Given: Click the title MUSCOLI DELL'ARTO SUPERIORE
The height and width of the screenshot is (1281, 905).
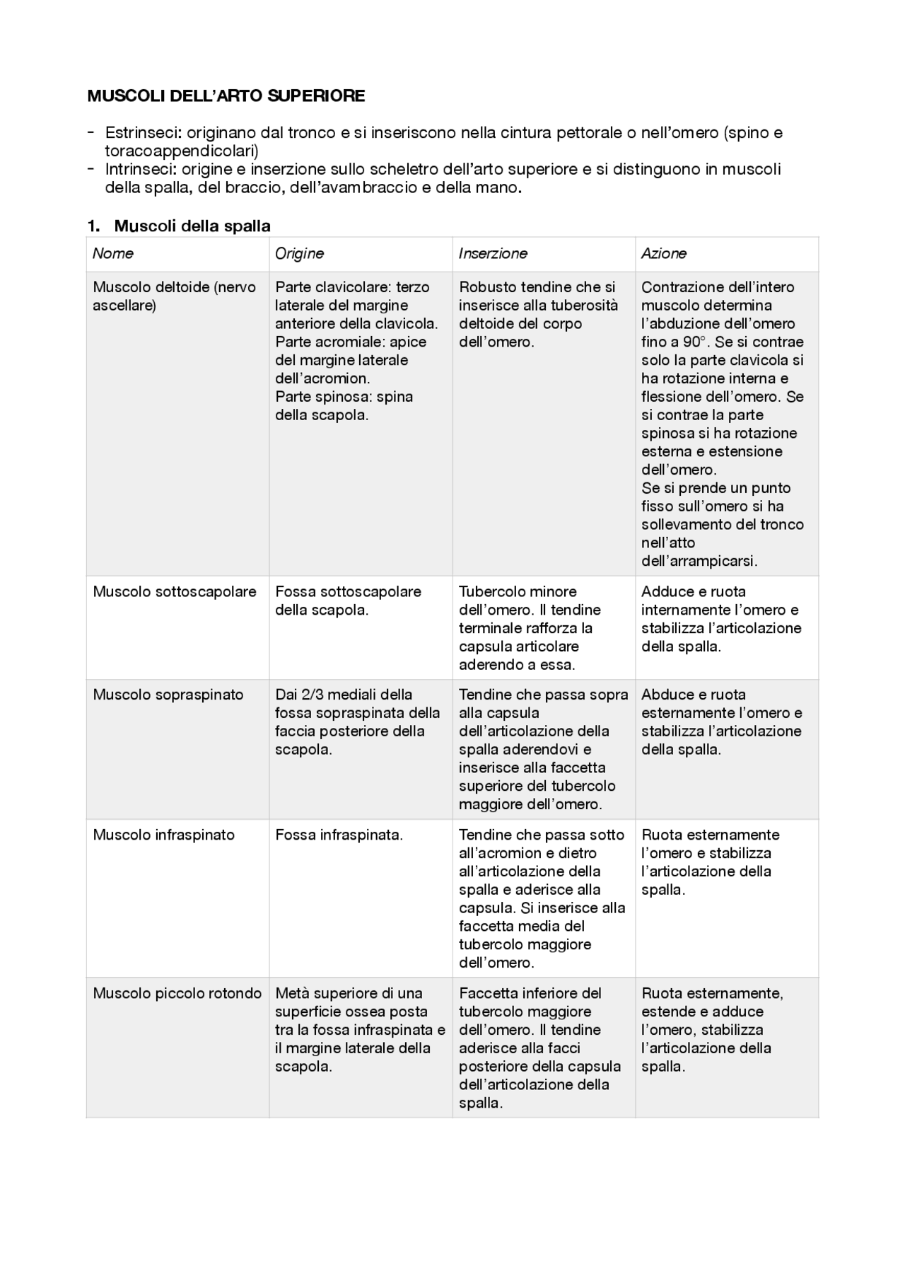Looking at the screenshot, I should pyautogui.click(x=226, y=96).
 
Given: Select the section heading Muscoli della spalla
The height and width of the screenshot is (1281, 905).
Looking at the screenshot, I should pyautogui.click(x=192, y=226).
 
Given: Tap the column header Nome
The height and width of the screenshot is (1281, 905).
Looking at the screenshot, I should pyautogui.click(x=112, y=253).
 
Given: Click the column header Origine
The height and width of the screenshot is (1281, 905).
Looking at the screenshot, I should pyautogui.click(x=299, y=253).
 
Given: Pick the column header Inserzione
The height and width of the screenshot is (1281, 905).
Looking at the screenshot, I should pyautogui.click(x=493, y=253).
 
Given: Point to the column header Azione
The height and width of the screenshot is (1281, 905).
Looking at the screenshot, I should pyautogui.click(x=663, y=253).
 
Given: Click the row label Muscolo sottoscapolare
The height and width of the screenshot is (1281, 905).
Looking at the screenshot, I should pyautogui.click(x=174, y=592).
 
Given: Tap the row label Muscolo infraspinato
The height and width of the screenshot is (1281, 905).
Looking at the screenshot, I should pyautogui.click(x=163, y=835).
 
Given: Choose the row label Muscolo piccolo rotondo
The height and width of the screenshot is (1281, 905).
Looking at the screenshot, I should pyautogui.click(x=177, y=993).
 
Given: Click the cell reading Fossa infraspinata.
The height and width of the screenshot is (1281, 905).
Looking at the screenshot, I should pyautogui.click(x=339, y=835).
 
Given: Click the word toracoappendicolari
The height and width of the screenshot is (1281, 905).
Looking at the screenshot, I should pyautogui.click(x=181, y=151).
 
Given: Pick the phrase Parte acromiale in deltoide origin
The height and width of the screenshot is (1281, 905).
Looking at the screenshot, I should pyautogui.click(x=321, y=342).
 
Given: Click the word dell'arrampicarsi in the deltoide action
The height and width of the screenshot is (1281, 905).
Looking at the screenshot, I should pyautogui.click(x=699, y=562).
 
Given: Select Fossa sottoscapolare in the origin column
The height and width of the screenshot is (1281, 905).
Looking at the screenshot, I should pyautogui.click(x=348, y=592).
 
